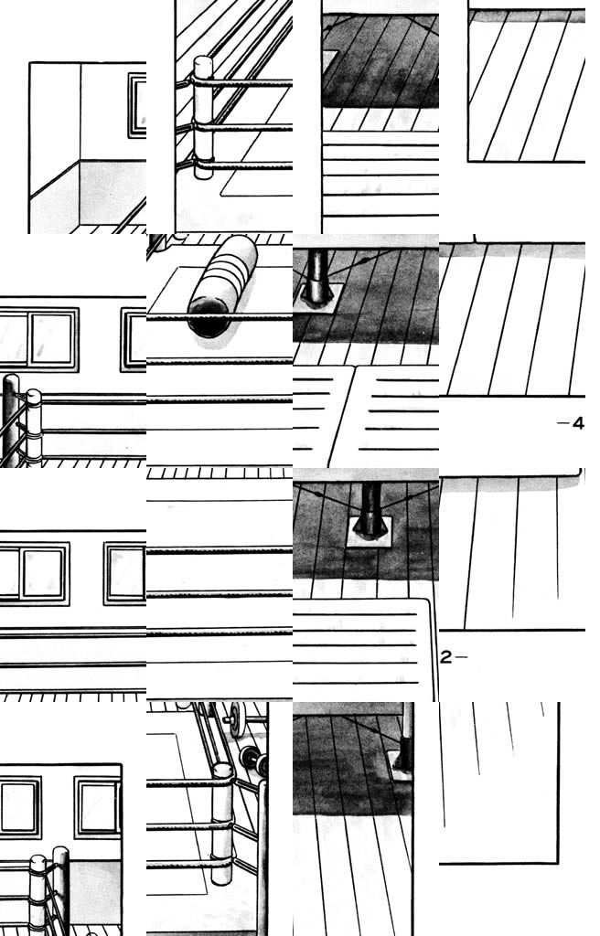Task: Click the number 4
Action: point(577,423)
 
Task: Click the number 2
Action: point(445,657)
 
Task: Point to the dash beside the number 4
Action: point(562,423)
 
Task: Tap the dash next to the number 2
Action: point(461,657)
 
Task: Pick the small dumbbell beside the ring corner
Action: point(253,760)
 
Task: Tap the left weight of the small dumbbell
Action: point(247,757)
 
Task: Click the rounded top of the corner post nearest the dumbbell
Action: point(222,771)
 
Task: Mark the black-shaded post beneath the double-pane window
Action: point(10,420)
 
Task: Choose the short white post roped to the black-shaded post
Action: point(34,427)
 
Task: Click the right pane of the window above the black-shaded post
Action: point(52,338)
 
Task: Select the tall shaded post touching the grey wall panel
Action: point(61,890)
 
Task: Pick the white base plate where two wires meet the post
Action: point(370,531)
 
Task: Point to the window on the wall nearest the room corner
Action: point(137,105)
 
